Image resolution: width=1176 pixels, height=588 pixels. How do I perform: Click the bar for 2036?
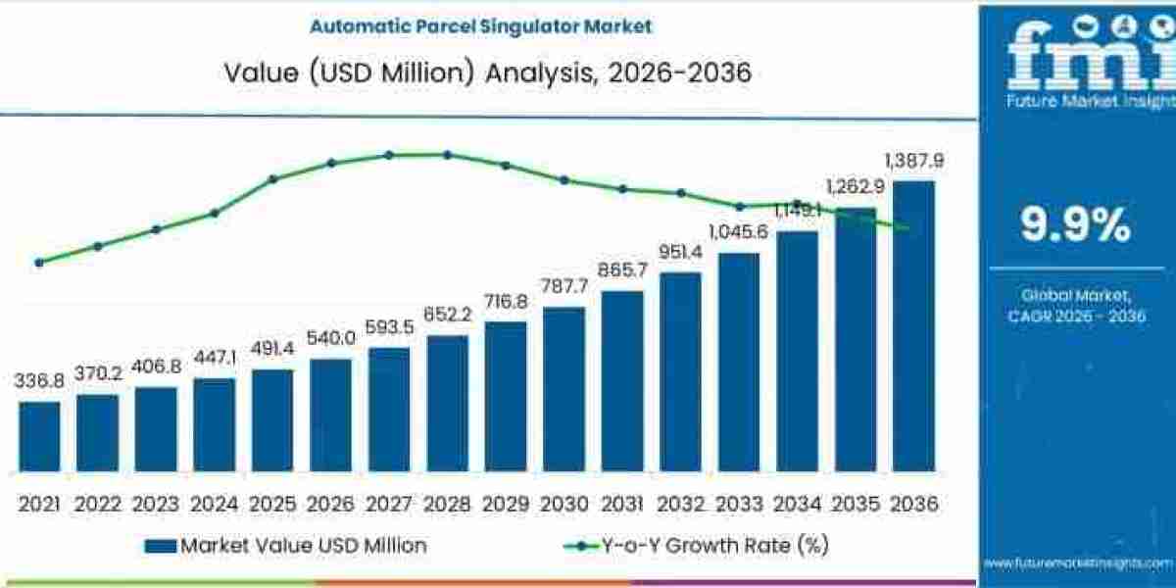913,326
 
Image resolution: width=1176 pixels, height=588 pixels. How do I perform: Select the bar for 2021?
39,437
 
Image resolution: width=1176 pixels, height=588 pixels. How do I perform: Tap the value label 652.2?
447,315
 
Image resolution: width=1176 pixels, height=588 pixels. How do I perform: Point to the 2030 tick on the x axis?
563,505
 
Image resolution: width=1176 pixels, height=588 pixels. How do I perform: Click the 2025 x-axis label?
272,505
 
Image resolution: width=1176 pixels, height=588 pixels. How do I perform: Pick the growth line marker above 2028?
447,154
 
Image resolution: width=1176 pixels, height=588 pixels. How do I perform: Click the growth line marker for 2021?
39,263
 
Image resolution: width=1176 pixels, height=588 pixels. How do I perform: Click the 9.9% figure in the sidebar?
1075,225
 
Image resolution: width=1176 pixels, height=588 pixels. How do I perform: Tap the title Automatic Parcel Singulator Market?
480,26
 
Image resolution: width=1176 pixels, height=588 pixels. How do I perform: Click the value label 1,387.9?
913,161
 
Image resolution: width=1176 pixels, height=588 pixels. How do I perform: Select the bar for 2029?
505,397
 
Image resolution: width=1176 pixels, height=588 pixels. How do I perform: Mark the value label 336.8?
39,380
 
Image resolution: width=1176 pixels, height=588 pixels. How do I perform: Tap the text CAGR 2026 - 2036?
1075,316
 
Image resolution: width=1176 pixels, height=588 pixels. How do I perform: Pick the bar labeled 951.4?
680,372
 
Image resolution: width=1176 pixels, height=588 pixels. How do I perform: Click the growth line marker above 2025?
272,178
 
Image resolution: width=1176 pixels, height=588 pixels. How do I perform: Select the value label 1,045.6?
738,232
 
